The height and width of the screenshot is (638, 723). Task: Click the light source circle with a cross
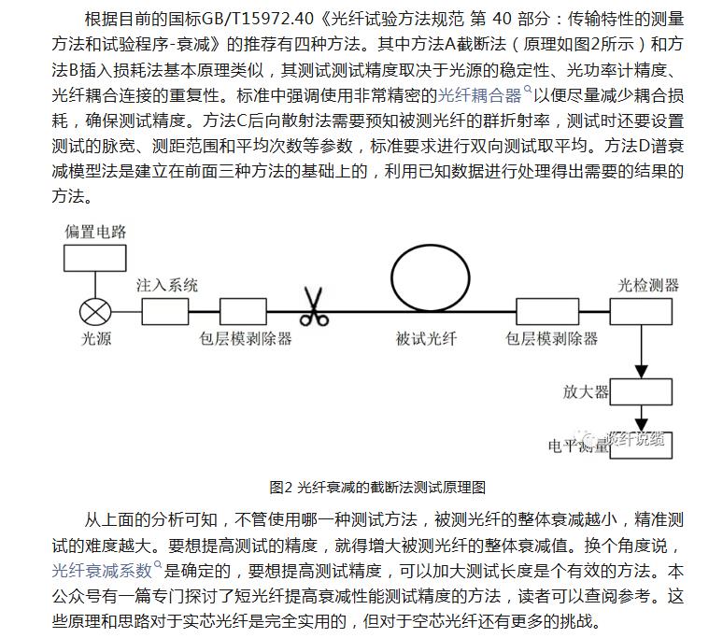click(x=94, y=311)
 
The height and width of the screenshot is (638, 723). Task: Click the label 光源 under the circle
click(x=94, y=339)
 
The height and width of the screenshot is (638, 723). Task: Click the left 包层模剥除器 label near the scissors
click(x=246, y=339)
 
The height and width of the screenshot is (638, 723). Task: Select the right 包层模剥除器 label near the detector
click(x=551, y=339)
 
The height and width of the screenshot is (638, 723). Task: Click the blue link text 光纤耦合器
click(x=480, y=93)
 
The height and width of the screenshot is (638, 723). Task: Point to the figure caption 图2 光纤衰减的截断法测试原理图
click(x=377, y=487)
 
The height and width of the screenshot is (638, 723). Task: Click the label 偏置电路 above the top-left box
click(x=94, y=231)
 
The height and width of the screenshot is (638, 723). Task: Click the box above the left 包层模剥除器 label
click(x=246, y=311)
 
